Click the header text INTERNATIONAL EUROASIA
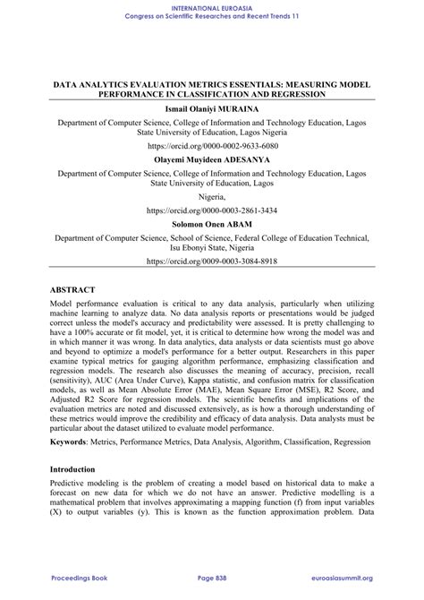[212, 5]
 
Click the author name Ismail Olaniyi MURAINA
[212, 107]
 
